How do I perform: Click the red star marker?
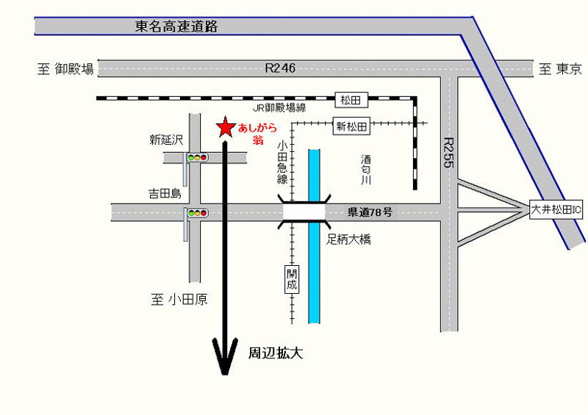tap(225, 128)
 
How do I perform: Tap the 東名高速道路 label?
tap(177, 27)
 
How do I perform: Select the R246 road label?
tap(280, 68)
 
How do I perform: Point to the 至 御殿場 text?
tap(66, 69)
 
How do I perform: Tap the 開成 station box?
tap(292, 279)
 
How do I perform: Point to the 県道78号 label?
tap(370, 212)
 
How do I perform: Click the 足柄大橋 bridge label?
tap(350, 239)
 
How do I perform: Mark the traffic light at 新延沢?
tap(197, 157)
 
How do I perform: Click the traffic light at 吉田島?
tap(197, 213)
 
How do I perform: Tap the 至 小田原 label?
tap(179, 299)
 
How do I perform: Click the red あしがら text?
tap(257, 128)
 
